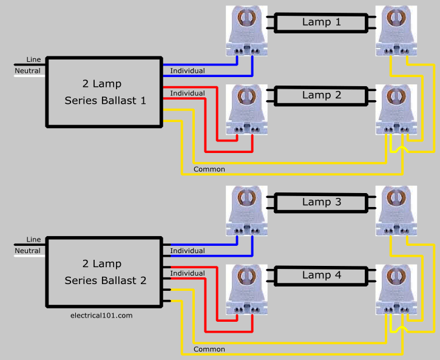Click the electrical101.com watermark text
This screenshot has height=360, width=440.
tap(101, 316)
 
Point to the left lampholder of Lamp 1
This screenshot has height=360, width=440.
tap(246, 31)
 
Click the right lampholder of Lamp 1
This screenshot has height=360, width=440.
tap(396, 31)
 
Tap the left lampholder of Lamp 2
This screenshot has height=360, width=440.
tap(246, 110)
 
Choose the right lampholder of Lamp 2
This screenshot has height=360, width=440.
tap(396, 110)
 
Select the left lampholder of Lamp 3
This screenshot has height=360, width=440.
tap(246, 211)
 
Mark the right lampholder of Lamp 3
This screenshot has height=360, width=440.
tap(396, 211)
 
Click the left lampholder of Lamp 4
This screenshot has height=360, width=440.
tap(246, 290)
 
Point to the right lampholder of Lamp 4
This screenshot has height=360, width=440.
tap(396, 290)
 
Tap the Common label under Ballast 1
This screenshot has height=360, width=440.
tap(209, 169)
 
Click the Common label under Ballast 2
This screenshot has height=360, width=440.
tap(209, 349)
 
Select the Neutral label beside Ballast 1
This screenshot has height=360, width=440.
tap(27, 70)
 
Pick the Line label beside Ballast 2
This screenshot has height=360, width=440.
tap(33, 239)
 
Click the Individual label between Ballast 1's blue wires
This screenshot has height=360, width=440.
tap(188, 70)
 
